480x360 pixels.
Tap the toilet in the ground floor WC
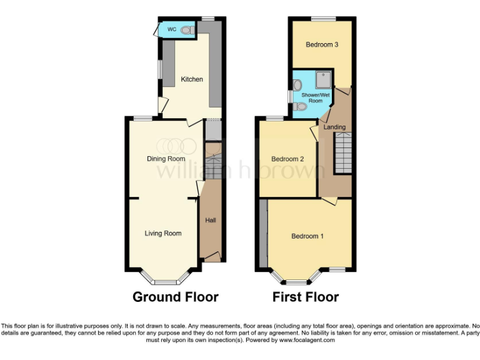click(190, 29)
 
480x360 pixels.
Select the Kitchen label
click(192, 79)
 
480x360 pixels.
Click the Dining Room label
click(166, 159)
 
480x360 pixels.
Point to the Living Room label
click(163, 234)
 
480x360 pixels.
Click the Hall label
click(211, 220)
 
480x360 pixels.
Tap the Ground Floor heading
click(176, 297)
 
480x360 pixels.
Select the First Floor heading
click(306, 297)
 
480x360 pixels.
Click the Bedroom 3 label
click(322, 45)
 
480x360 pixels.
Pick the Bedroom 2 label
click(287, 159)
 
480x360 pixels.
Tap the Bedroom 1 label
click(307, 236)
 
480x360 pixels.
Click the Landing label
click(334, 127)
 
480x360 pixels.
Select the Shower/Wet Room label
click(312, 97)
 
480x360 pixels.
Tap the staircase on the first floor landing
click(343, 153)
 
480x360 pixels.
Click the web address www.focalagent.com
click(307, 341)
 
